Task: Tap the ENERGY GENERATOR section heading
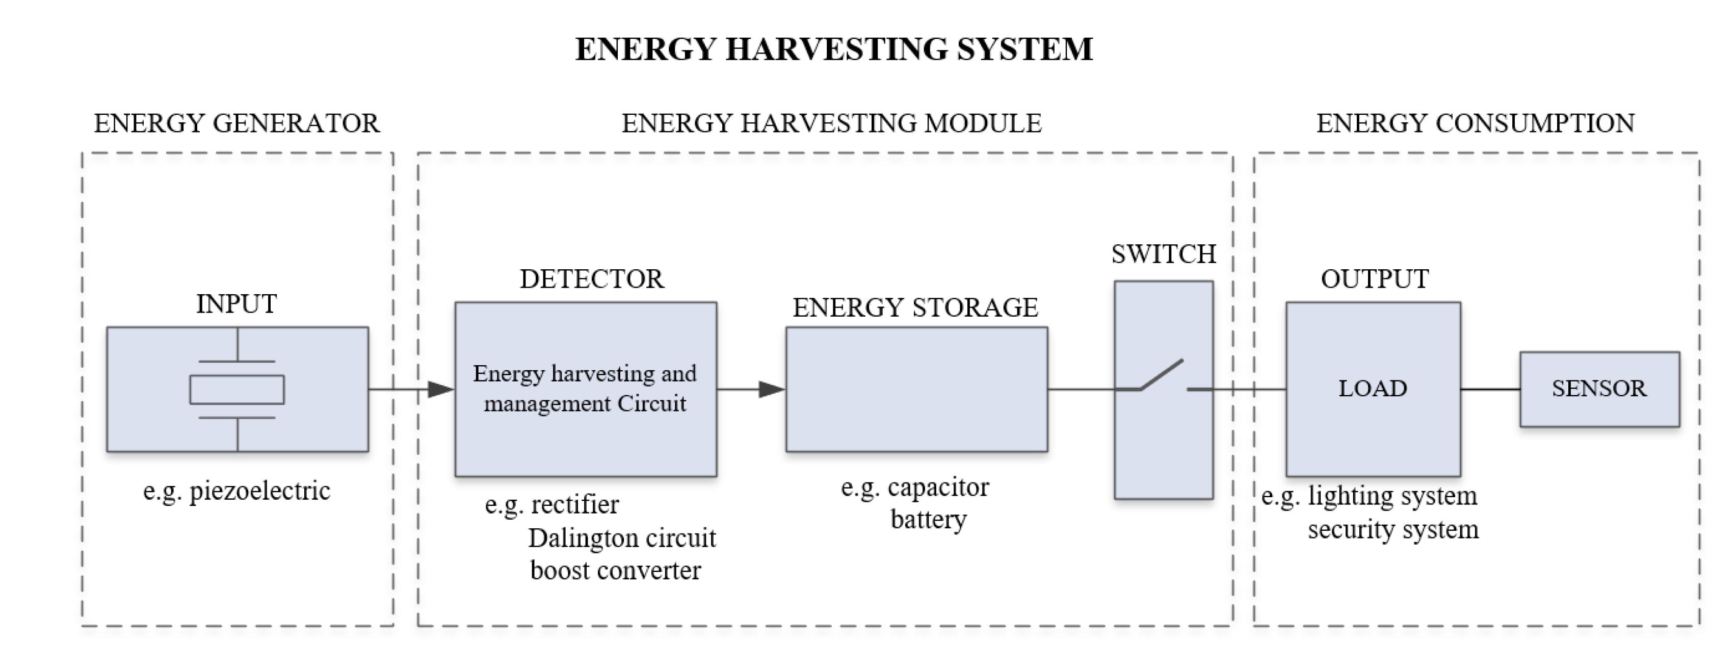click(236, 123)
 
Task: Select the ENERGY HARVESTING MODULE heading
click(831, 123)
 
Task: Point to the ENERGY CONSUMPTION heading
click(1475, 123)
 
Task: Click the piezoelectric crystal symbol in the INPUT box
click(237, 389)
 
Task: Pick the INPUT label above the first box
click(236, 304)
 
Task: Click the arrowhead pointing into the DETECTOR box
click(441, 389)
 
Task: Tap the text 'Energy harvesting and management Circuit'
click(584, 389)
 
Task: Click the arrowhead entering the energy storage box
click(772, 389)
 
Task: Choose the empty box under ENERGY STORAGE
click(916, 389)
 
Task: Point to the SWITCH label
click(1163, 254)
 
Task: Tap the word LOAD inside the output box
click(1373, 389)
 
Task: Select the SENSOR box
click(1599, 389)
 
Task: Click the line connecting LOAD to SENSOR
click(1490, 389)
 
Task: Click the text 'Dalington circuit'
click(621, 538)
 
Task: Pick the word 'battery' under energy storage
click(928, 519)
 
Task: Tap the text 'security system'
click(1393, 529)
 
